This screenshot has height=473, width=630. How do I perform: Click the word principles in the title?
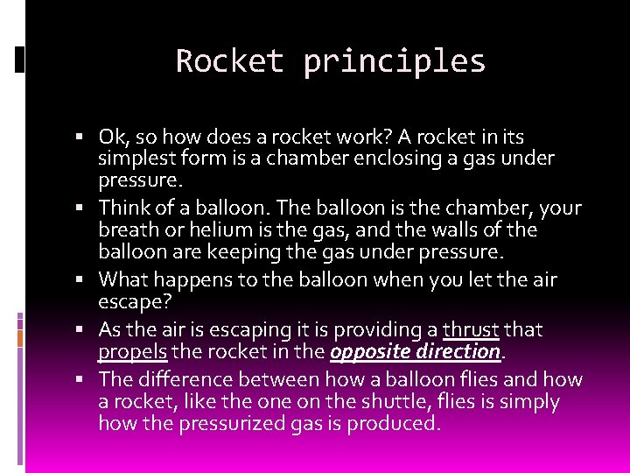coord(394,62)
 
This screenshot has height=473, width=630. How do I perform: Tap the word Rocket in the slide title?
coord(229,61)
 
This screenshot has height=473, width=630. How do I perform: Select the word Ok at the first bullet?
coord(112,138)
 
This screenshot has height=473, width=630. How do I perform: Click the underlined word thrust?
coord(471,330)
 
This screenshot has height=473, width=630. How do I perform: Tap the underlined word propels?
coord(132,352)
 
